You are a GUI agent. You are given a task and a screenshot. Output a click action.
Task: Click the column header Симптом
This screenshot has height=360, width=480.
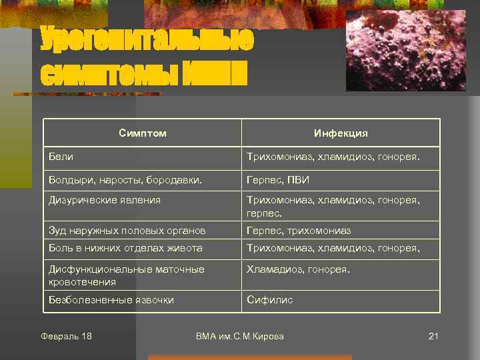tap(143, 133)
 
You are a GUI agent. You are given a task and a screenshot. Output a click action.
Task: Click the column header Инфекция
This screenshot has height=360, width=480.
tap(341, 133)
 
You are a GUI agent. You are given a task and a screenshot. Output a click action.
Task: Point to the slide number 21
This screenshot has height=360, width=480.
tap(433, 336)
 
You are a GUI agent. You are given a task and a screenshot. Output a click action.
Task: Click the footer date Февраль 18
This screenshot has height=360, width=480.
tap(66, 336)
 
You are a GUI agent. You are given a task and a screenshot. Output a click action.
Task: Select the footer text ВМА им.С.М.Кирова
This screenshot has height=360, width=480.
tap(240, 336)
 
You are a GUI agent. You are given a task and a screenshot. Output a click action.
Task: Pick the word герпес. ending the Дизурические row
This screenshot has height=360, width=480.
tap(265, 214)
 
